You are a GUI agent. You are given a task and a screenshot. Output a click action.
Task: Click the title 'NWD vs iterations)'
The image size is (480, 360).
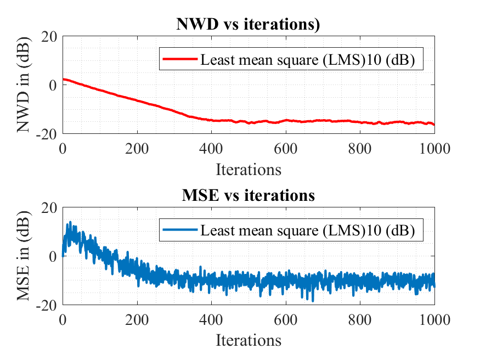(248, 24)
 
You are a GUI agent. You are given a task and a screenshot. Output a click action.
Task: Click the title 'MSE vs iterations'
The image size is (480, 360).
(249, 195)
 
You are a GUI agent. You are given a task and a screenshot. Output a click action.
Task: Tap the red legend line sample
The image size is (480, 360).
(180, 59)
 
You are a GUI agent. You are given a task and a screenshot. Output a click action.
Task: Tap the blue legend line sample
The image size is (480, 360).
(180, 229)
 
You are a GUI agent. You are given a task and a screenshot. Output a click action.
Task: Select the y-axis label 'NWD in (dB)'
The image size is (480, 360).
(23, 85)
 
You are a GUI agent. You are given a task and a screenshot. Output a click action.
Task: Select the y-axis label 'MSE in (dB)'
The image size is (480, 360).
(23, 256)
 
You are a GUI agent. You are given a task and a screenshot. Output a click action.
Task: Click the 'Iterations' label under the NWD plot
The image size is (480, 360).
(249, 169)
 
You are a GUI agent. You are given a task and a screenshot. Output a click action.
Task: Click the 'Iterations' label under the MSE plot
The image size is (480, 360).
(249, 340)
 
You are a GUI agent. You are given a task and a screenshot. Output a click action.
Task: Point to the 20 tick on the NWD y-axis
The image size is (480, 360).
(49, 37)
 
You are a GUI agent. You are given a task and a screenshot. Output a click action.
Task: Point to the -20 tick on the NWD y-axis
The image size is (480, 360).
(47, 134)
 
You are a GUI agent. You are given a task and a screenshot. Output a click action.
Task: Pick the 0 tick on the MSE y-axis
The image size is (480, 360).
(53, 256)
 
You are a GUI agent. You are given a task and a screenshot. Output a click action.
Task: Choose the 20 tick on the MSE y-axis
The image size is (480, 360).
(49, 208)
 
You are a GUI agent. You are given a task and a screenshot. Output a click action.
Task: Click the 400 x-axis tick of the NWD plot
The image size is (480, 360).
(211, 149)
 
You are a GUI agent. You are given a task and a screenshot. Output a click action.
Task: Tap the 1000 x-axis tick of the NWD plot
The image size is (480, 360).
(434, 149)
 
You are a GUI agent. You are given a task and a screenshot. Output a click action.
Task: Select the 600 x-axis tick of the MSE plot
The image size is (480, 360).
(286, 320)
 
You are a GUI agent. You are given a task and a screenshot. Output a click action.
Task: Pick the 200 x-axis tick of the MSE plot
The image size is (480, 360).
(137, 320)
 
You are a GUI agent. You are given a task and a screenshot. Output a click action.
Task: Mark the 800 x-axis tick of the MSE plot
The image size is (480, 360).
(360, 320)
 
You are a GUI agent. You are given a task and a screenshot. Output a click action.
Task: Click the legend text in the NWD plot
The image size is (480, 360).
(308, 59)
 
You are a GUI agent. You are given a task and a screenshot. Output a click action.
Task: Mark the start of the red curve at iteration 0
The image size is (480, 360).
(63, 79)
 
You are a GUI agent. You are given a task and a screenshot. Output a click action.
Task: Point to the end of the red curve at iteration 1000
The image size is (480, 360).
(434, 124)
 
